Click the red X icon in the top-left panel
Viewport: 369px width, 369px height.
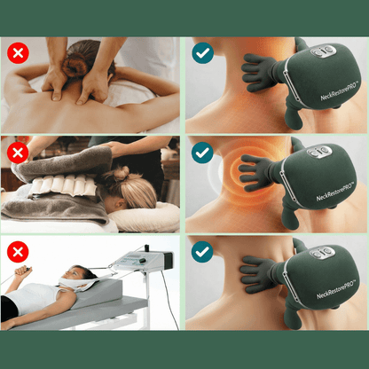click(x=18, y=54)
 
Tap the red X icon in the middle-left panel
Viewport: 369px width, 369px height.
click(x=18, y=153)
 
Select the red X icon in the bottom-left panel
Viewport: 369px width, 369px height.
click(x=18, y=252)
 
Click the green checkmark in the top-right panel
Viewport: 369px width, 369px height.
click(x=203, y=54)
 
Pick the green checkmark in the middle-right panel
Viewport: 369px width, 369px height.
click(x=203, y=153)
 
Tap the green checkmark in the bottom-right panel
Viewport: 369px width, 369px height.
click(x=203, y=252)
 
